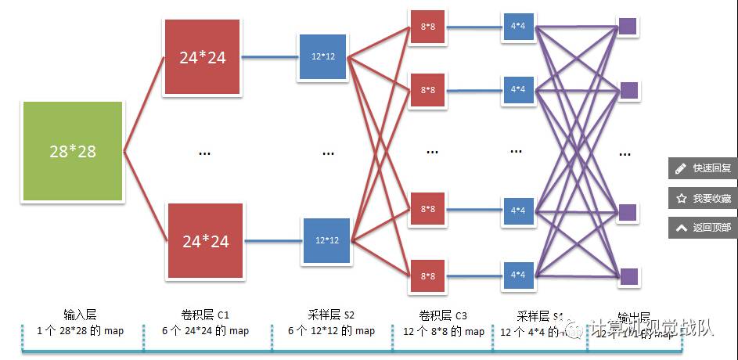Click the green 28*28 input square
[x=73, y=151]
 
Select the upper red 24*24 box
[x=203, y=57]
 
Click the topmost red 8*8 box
[x=427, y=28]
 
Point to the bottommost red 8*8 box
[x=427, y=275]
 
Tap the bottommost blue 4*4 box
[x=517, y=275]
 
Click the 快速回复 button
[x=703, y=168]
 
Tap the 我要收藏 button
[x=703, y=199]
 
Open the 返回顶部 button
[x=703, y=228]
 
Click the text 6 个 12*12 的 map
[x=332, y=331]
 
